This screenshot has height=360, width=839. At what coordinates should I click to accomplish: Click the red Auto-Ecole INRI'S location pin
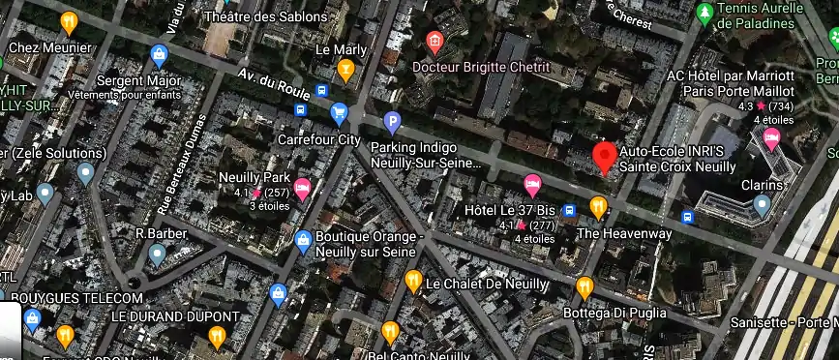click(605, 157)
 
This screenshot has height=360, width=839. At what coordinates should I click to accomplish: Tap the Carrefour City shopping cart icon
click(339, 114)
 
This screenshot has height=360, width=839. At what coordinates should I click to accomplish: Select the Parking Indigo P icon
click(392, 123)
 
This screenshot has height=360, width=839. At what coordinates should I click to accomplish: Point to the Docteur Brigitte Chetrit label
click(480, 67)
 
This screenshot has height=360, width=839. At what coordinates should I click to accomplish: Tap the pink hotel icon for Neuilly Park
click(302, 189)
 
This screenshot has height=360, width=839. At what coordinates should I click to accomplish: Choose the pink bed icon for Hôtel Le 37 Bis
click(532, 184)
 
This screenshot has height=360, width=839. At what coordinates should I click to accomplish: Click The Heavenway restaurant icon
click(598, 207)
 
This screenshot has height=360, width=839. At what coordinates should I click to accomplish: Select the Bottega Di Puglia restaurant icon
click(584, 286)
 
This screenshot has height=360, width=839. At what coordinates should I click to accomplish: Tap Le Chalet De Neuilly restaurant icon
click(413, 282)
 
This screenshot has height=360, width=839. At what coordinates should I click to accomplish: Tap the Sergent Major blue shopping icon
click(160, 54)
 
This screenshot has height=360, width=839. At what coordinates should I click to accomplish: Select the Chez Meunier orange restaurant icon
click(69, 22)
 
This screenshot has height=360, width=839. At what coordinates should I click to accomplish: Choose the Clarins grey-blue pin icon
click(762, 205)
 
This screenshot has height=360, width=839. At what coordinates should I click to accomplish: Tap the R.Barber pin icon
click(157, 255)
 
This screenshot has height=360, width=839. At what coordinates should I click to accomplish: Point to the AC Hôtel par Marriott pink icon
click(771, 138)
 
